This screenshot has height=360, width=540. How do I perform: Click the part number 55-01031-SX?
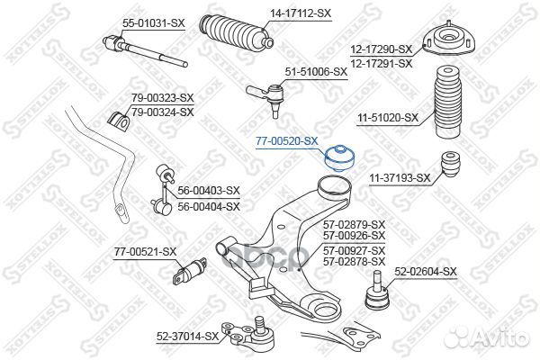[x=154, y=23]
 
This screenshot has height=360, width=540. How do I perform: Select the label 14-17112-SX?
[x=300, y=13]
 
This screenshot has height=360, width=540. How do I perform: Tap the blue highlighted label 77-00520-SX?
[x=286, y=141]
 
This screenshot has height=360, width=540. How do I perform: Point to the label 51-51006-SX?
[x=316, y=72]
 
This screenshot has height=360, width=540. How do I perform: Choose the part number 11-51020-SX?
[x=388, y=118]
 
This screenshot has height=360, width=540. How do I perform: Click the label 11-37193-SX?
[x=400, y=178]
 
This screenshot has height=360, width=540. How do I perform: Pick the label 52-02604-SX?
[x=426, y=272]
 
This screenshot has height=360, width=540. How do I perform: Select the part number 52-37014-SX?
[x=188, y=337]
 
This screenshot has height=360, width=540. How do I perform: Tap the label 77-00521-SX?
[x=145, y=251]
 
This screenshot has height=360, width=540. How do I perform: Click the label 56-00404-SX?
[x=209, y=206]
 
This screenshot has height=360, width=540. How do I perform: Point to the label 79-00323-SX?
[x=163, y=97]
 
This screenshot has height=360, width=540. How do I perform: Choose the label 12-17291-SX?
[x=382, y=63]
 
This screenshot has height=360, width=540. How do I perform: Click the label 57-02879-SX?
[x=354, y=225]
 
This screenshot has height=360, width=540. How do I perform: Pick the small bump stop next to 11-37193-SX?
[x=450, y=165]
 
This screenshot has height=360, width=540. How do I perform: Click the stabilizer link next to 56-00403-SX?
[x=164, y=189]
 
